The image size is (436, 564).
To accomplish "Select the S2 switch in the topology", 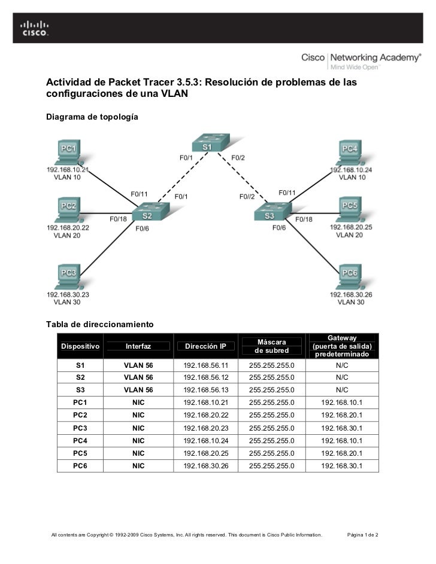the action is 150,212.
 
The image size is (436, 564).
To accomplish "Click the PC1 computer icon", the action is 68,153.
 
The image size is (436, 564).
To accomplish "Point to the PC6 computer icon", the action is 349,277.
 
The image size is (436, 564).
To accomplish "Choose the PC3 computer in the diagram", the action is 68,277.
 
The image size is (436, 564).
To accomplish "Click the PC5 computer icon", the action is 349,210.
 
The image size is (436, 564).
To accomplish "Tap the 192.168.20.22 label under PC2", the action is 68,228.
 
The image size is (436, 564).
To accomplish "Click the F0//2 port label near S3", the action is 247,196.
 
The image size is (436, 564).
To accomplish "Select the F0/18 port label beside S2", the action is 118,219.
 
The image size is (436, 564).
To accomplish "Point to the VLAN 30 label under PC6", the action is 351,302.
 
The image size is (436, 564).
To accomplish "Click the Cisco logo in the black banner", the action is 35,29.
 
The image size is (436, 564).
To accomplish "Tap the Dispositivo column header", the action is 80,346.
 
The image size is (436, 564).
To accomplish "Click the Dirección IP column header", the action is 205,346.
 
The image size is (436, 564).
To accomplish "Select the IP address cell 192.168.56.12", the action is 206,377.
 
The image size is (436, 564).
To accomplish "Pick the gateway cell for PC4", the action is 341,441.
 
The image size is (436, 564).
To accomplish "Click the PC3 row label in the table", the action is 80,428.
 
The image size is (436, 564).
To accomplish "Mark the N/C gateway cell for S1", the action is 342,365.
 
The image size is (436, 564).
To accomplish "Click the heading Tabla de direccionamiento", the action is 100,324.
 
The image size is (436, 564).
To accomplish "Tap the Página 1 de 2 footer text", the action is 362,535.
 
